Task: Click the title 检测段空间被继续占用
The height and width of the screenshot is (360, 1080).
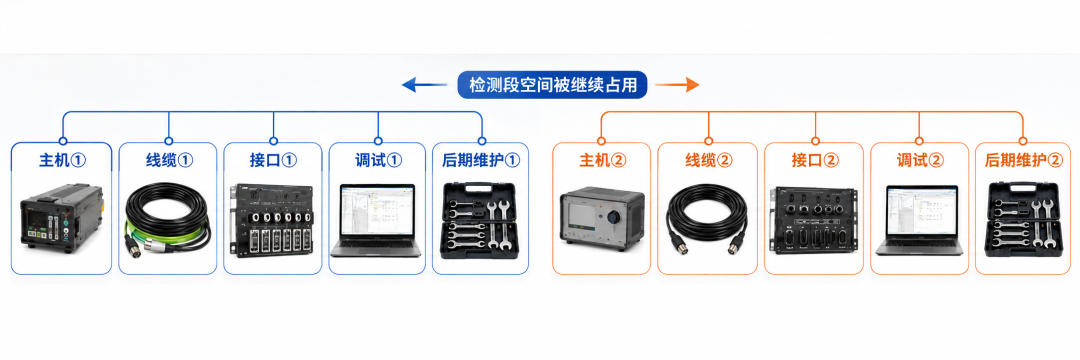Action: pos(552,85)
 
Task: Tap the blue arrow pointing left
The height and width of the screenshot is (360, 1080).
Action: pos(424,85)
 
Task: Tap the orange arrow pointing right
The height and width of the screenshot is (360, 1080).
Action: pos(677,85)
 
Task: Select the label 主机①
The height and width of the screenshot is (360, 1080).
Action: pos(62,160)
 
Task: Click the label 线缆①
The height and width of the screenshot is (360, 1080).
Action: pos(169,160)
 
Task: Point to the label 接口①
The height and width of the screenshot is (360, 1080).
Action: pos(273,160)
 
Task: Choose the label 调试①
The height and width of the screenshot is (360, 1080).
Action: pos(378,160)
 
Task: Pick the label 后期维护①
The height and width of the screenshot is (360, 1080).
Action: pos(481,160)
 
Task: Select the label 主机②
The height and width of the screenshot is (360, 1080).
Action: pos(602,160)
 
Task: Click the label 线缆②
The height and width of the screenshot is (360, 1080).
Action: pos(709,160)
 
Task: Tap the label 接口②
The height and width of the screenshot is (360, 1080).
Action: pos(815,160)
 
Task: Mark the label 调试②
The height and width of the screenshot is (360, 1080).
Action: pos(920,160)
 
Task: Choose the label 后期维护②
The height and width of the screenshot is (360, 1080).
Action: pos(1024,160)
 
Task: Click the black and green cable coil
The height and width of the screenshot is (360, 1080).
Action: pos(168,221)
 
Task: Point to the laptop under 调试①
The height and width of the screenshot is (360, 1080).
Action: pos(375,220)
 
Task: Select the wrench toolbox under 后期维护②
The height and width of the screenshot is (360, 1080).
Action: pos(1023,220)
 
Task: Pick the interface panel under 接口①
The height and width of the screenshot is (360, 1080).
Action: pos(273,220)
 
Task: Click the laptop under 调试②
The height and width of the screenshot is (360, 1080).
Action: pos(920,220)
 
